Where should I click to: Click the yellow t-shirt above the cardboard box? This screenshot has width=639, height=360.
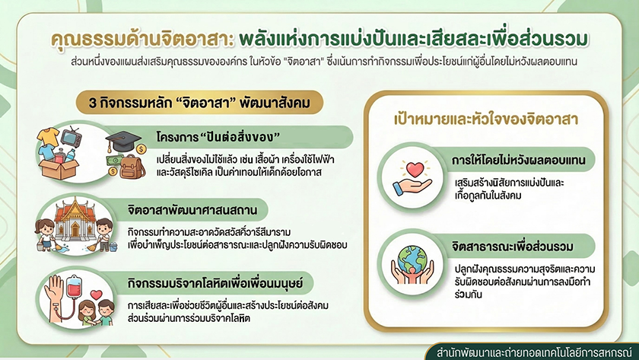tap(48, 135)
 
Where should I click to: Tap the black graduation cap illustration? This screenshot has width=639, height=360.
tap(122, 140)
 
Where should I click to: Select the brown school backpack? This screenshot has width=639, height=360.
tap(132, 167)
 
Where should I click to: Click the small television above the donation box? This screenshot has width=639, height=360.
tap(72, 137)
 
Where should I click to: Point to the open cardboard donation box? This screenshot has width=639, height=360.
tap(59, 168)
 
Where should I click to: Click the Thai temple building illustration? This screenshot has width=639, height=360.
tap(75, 220)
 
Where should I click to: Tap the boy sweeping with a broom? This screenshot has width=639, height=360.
tap(104, 234)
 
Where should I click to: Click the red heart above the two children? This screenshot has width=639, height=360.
tap(97, 294)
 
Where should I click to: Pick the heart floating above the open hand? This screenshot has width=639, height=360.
tap(415, 169)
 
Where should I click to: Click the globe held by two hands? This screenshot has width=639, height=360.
tap(412, 260)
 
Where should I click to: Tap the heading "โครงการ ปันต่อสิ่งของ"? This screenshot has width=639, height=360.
tap(218, 137)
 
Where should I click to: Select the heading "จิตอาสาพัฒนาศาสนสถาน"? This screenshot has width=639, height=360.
tap(192, 210)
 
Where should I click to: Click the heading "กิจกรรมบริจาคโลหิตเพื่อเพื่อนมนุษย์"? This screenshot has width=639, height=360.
tap(215, 283)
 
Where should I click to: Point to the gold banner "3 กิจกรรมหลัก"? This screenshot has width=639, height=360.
tap(199, 102)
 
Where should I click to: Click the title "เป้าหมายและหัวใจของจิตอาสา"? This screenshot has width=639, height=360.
tap(486, 119)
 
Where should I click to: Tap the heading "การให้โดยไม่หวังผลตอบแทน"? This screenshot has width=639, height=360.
tap(518, 160)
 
